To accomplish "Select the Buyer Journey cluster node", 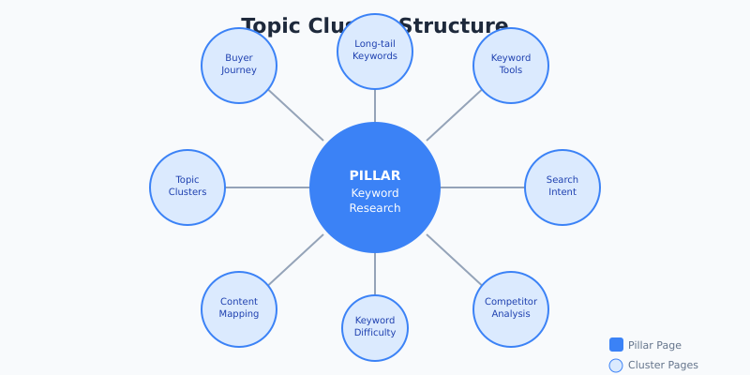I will tap(239, 65).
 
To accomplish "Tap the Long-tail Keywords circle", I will tap(375, 51).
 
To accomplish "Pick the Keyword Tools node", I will tap(511, 65).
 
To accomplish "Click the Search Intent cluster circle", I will tap(562, 187).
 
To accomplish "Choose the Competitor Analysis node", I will tap(511, 308).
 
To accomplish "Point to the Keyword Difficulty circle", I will tap(375, 327).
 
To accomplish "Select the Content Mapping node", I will tap(239, 308).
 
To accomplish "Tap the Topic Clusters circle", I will tap(187, 187).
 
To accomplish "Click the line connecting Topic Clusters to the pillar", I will tap(267, 187).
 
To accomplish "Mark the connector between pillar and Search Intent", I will tap(483, 187).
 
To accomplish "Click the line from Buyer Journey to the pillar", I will tap(296, 115).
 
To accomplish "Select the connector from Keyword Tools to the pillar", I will tap(454, 115).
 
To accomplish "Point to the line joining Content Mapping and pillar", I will tap(296, 259).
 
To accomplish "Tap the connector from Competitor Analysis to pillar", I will tap(454, 259).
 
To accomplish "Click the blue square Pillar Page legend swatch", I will tap(616, 345).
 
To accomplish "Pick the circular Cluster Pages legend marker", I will tap(616, 366).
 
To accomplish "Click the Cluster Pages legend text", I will tap(663, 366).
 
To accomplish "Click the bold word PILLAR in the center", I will tap(375, 175).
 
